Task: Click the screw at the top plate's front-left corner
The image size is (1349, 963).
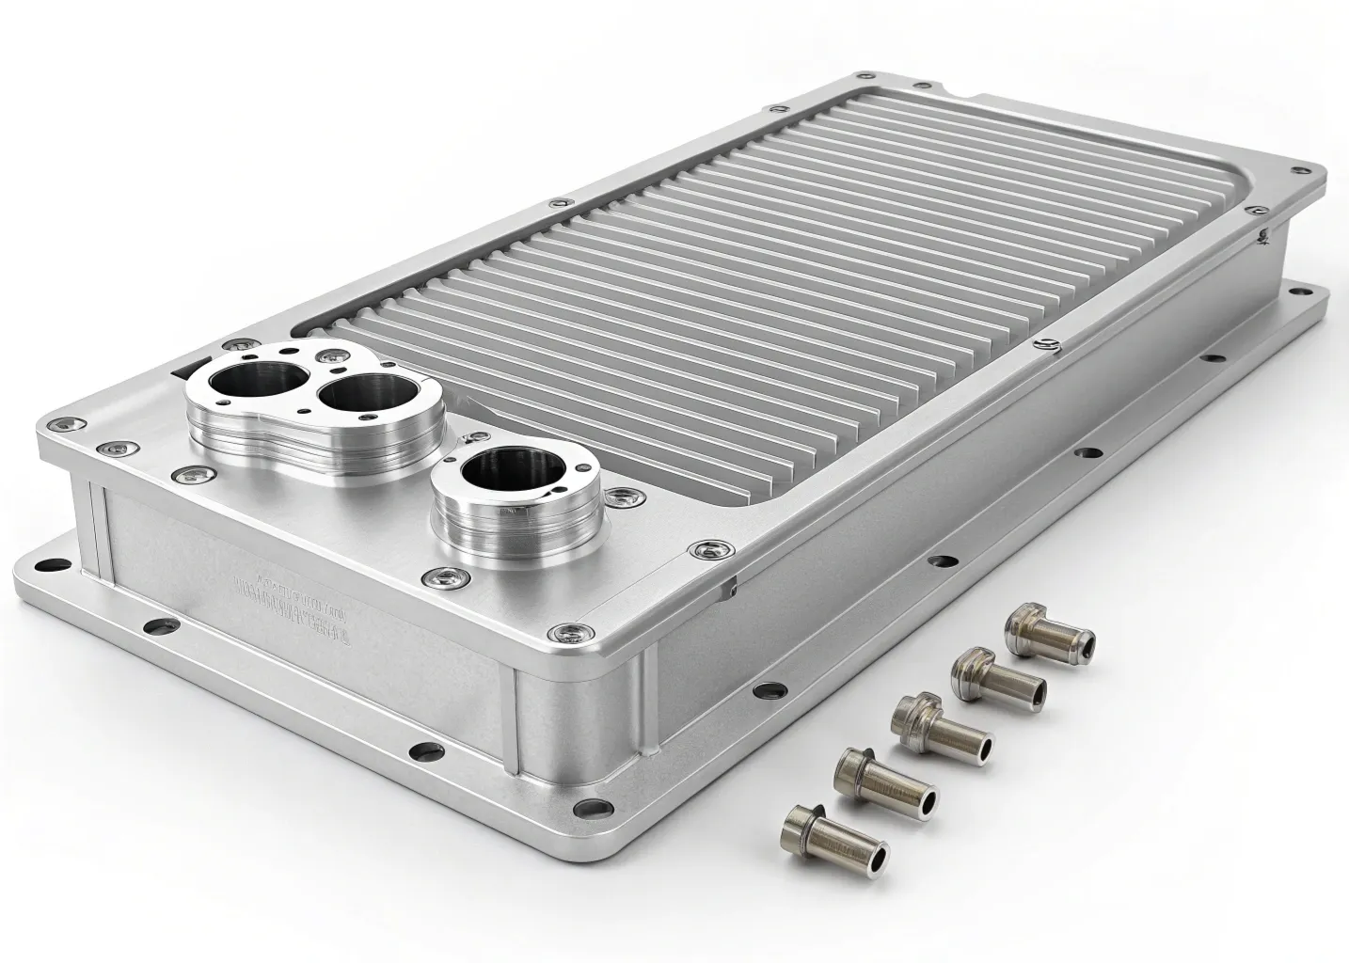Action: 63,428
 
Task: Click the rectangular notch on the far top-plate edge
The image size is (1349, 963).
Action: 962,91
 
